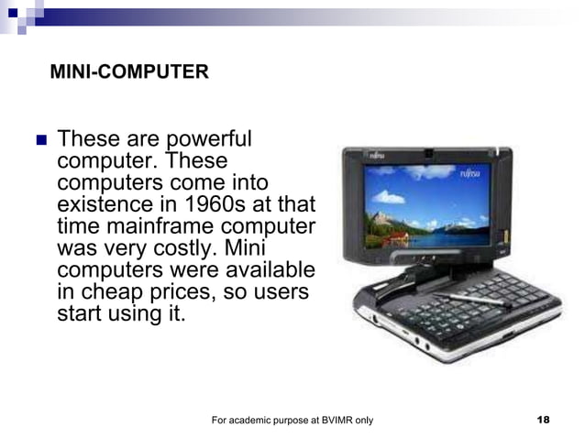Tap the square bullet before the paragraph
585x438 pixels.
pyautogui.click(x=39, y=142)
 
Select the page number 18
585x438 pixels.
pyautogui.click(x=543, y=420)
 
